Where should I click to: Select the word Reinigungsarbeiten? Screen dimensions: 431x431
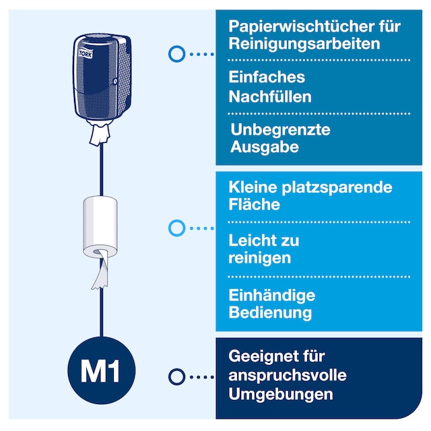[304, 44]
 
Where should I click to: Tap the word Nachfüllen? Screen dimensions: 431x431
[270, 97]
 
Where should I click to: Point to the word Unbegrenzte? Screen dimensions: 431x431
[280, 129]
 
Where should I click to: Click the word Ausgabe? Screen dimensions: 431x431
[265, 147]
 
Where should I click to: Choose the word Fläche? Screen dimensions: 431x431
[255, 204]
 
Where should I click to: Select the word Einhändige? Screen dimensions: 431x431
[272, 296]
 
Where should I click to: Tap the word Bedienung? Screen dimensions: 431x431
[270, 312]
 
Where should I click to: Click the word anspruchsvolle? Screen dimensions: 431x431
[288, 376]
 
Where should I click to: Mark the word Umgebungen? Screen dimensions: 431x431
[281, 395]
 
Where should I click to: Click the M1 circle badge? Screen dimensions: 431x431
[102, 370]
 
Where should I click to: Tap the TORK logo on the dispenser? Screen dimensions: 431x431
[86, 53]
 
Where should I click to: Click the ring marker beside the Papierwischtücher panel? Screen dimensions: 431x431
[176, 54]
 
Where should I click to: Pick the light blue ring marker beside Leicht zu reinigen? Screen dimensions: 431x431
[176, 228]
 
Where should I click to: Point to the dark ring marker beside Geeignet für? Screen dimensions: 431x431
[176, 376]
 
